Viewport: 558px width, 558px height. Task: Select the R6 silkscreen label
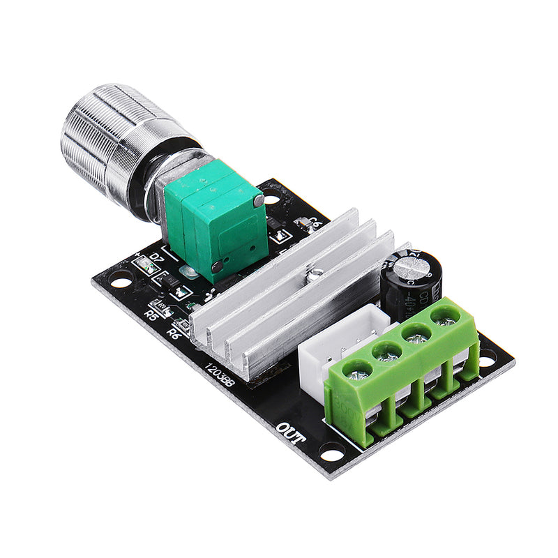(175, 333)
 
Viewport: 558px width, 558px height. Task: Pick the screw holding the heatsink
(316, 273)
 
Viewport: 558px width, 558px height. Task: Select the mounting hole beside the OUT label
(333, 452)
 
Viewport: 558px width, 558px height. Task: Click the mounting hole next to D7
(121, 282)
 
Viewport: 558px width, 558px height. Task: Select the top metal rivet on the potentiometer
(259, 200)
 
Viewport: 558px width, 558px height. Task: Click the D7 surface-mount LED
(146, 265)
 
